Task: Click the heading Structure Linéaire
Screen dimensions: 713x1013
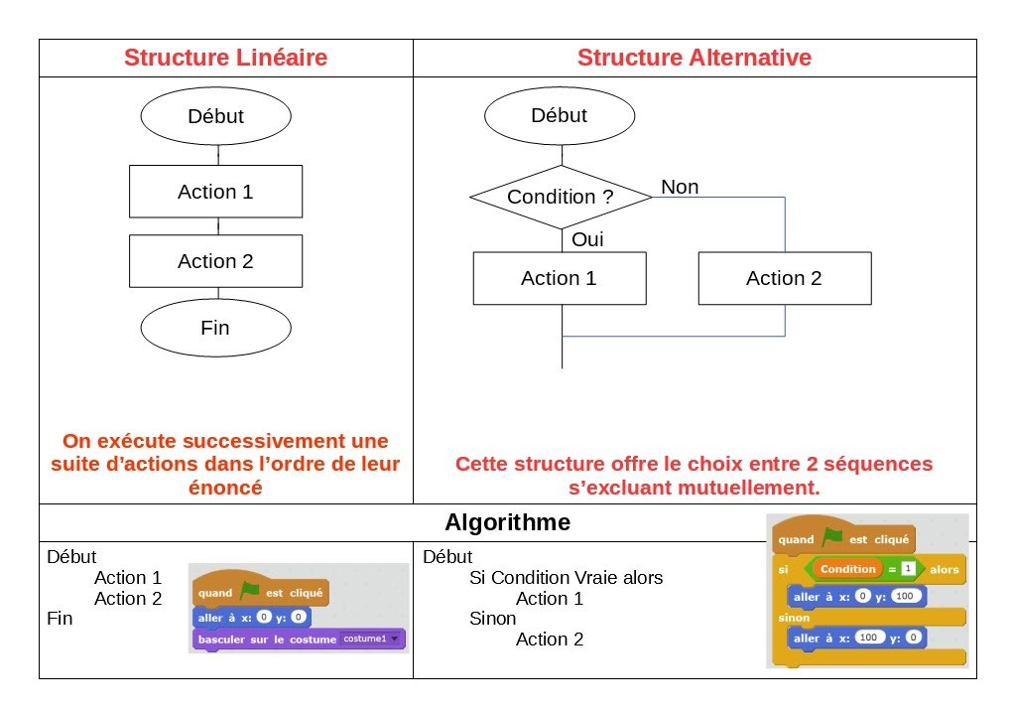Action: [x=225, y=58]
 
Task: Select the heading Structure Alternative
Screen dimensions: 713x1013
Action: [x=694, y=58]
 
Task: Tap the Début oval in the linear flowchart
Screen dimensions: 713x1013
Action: [x=215, y=116]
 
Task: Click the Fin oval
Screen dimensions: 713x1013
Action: [x=215, y=328]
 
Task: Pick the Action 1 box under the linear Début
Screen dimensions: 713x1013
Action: [x=215, y=192]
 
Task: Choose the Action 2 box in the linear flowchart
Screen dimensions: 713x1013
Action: [x=215, y=261]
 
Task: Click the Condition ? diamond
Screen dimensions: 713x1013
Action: [x=561, y=197]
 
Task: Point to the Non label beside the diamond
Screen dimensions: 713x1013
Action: [x=680, y=187]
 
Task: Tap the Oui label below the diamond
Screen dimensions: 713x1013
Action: [x=587, y=239]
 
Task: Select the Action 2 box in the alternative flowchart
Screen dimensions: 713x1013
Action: [x=784, y=278]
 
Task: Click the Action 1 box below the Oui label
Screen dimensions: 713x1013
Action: [x=560, y=278]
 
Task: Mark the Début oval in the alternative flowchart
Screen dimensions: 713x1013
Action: [x=560, y=115]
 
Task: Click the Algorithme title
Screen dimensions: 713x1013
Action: [x=507, y=522]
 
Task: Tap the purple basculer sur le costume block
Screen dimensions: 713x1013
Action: [x=267, y=640]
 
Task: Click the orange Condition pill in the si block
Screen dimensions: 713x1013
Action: [x=847, y=569]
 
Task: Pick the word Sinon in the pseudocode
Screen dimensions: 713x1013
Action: [x=492, y=619]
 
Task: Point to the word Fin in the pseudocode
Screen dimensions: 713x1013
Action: [x=60, y=618]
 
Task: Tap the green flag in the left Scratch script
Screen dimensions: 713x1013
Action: [x=249, y=592]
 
